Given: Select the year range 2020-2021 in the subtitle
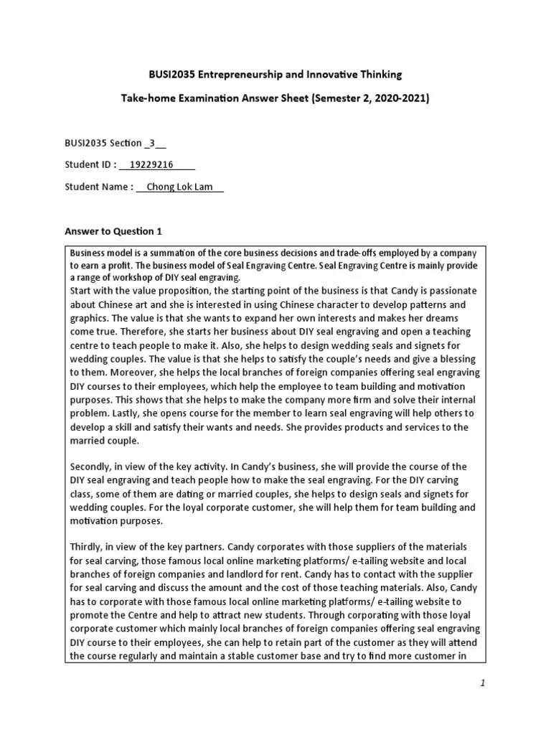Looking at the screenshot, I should click(401, 99).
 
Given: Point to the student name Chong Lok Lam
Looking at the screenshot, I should click(175, 187).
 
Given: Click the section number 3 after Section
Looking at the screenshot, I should click(152, 142).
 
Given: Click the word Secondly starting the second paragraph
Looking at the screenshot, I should click(92, 467).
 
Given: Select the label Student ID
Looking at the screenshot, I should click(88, 164).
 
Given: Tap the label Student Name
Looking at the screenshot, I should click(97, 187).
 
